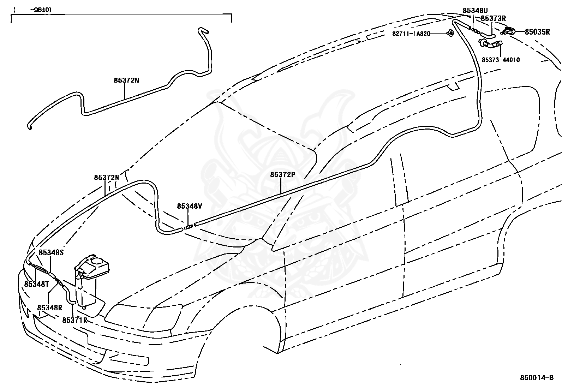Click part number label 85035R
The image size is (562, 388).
coord(537,32)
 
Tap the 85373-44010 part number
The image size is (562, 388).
coord(501,60)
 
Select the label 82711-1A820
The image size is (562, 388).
coord(411,34)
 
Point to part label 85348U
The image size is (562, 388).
coord(475,11)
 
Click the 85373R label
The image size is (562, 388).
coord(493,19)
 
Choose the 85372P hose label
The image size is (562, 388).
coord(282,174)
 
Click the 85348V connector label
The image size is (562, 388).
coord(190,206)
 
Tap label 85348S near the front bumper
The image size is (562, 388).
coord(51,252)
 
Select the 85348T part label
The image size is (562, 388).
coord(37,284)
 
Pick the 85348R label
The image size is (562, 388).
coord(50,308)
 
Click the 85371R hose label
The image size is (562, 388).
coord(75,320)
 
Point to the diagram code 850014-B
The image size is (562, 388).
coord(537,378)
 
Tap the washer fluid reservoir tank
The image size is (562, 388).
coord(91,281)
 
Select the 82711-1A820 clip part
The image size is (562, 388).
coord(450,33)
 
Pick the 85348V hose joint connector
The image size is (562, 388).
coord(189,227)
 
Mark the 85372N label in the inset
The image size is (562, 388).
coord(126,80)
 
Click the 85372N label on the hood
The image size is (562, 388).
coord(106,178)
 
